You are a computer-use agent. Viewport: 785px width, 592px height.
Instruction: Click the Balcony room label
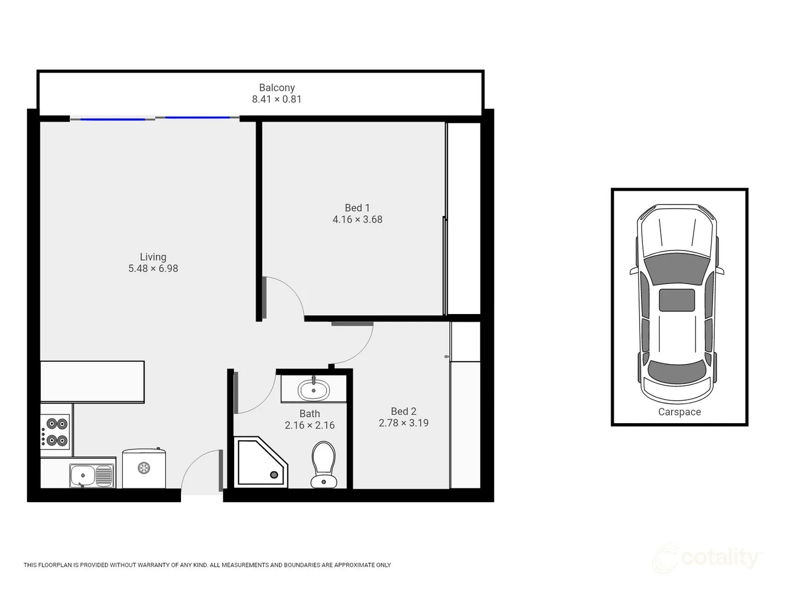[x=276, y=88]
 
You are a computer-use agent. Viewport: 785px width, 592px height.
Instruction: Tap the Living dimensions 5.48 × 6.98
[x=153, y=269]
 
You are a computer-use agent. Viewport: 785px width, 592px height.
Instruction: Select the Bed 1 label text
[x=357, y=208]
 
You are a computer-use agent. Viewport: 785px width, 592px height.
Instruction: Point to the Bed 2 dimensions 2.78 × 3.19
[x=403, y=423]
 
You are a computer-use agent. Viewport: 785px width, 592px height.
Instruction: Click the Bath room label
[x=309, y=414]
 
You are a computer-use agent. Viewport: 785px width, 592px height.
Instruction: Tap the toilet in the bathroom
[x=324, y=464]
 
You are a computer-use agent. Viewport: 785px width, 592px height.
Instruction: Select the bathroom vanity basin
[x=313, y=390]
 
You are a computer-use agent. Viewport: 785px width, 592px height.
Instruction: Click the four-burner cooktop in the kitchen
[x=56, y=432]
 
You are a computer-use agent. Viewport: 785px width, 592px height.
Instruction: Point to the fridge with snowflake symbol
[x=144, y=468]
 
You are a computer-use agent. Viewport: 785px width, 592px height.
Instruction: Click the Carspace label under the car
[x=679, y=412]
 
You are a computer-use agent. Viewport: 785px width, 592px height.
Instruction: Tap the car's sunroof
[x=676, y=300]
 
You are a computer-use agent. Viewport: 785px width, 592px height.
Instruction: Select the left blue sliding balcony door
[x=113, y=118]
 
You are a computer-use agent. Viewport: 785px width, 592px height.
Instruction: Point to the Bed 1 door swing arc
[x=288, y=293]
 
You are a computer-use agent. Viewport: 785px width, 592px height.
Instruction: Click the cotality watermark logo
[x=708, y=558]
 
